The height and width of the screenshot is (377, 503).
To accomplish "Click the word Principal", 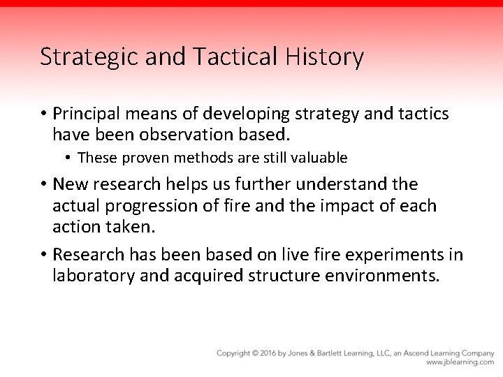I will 87,114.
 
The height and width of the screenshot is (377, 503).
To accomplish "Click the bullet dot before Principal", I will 43,114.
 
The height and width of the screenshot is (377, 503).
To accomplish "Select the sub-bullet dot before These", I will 68,158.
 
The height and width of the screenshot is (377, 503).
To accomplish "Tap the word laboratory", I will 94,275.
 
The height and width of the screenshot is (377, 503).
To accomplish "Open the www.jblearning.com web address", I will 460,362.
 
